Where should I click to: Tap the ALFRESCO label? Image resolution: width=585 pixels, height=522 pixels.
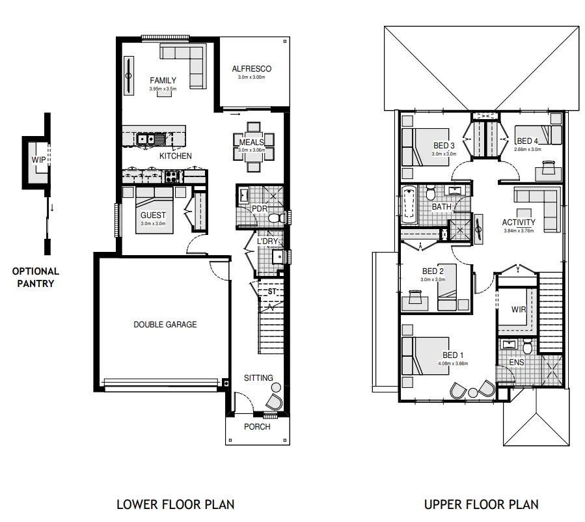point(251,69)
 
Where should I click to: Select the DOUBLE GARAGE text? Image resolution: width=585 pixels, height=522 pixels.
point(165,324)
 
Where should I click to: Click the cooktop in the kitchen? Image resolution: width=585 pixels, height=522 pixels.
point(172,175)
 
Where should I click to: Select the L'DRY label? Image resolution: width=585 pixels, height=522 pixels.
point(267,241)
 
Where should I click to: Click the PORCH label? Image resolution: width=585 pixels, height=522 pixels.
point(257,427)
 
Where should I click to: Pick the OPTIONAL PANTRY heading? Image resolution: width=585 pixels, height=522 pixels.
point(35,277)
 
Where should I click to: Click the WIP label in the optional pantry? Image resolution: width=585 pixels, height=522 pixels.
point(39,159)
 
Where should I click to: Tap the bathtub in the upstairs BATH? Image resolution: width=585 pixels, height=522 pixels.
point(409,204)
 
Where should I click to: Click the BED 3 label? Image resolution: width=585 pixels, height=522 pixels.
point(444,146)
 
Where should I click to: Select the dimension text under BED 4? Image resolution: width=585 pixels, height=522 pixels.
point(527,149)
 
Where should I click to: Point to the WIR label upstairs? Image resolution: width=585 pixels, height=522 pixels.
point(518,309)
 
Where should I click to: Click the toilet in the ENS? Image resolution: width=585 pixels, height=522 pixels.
point(528,349)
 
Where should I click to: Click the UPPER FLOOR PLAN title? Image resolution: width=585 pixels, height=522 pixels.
point(481,504)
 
